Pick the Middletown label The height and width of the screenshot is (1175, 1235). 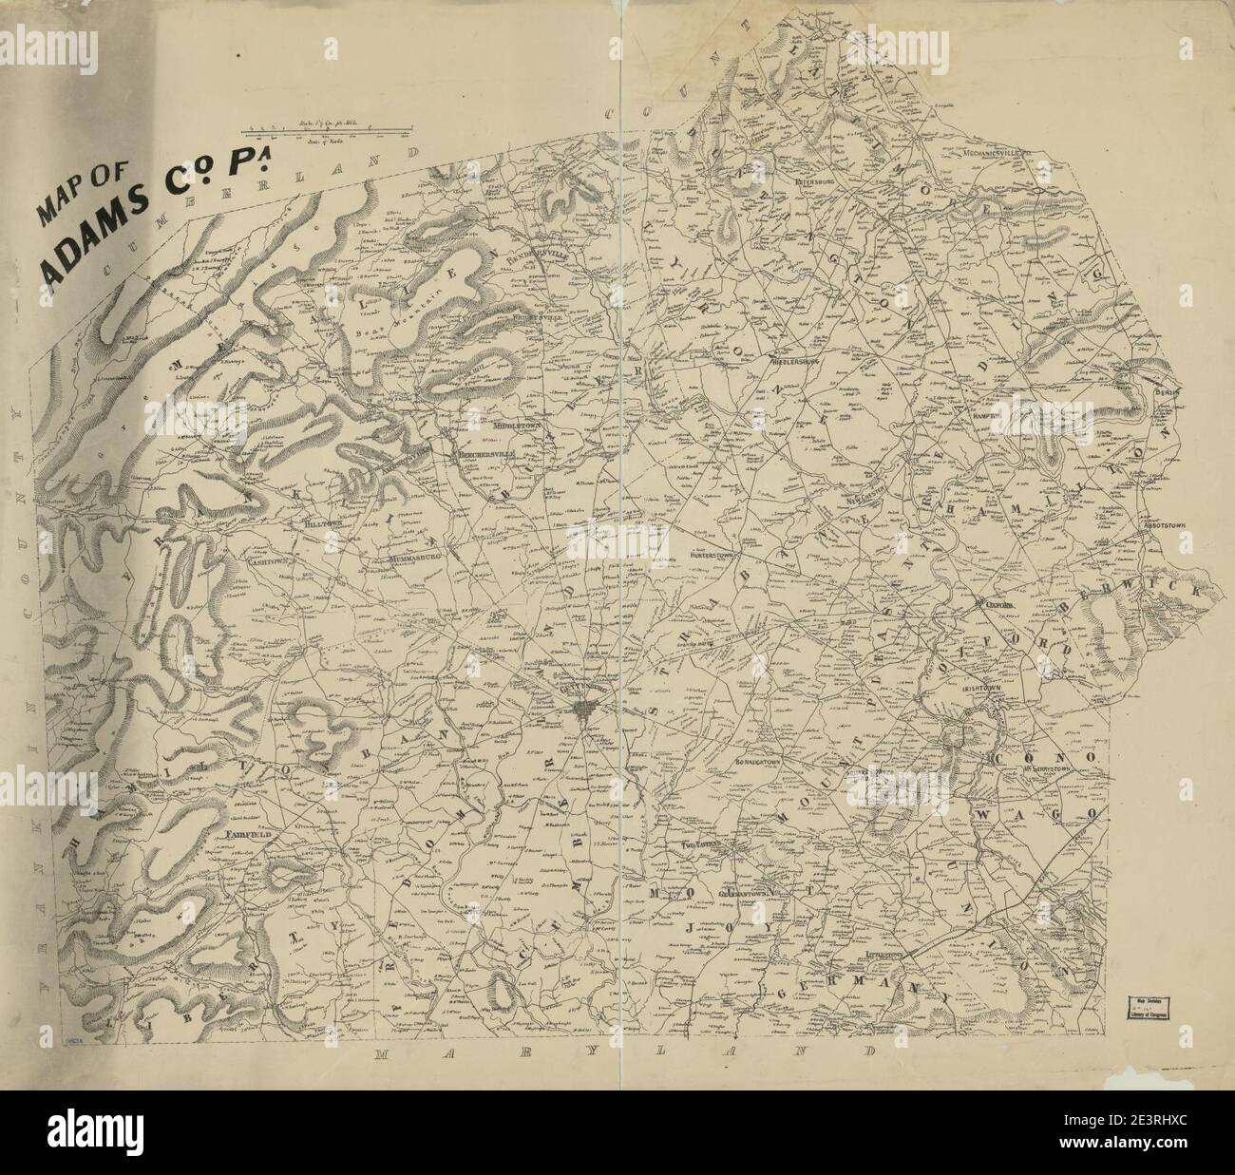[517, 426]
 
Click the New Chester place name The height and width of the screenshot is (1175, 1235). [852, 493]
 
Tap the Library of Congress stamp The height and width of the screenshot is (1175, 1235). [1149, 1006]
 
